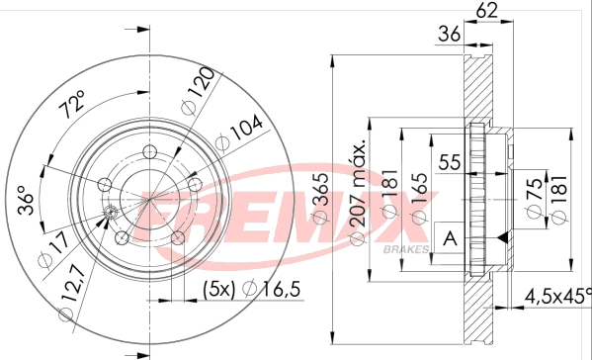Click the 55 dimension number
click(452, 162)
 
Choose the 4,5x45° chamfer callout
click(557, 294)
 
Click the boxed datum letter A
click(451, 237)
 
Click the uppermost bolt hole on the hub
click(149, 151)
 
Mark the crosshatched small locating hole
click(111, 215)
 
